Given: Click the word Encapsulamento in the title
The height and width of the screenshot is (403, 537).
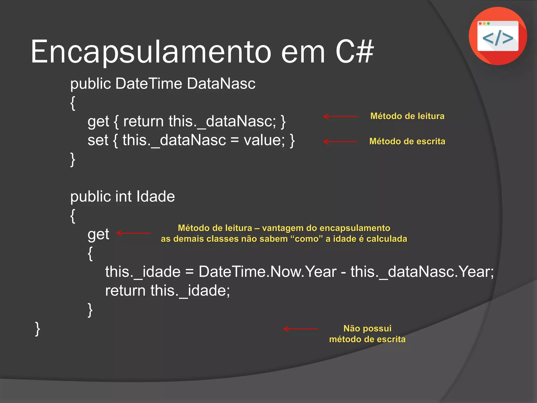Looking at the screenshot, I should point(151,52).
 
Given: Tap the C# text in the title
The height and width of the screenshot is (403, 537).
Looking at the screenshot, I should point(355,52).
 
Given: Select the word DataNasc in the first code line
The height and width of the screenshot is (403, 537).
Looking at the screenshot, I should point(221,84).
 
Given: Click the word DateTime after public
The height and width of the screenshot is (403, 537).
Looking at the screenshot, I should point(149,84).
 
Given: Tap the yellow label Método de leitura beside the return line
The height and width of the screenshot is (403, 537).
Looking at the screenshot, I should point(407,116).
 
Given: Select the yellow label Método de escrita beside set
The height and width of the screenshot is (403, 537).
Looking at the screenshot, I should point(407,141).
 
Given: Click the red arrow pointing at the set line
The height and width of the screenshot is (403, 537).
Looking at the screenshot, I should point(340,142).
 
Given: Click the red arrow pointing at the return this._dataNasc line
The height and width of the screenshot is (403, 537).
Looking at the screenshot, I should point(340,116).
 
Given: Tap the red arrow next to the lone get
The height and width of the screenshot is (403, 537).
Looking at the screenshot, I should point(133,233).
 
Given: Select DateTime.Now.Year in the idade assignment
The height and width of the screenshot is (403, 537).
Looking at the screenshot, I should point(267,272).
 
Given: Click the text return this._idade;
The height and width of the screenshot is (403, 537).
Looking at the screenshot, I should point(168,291).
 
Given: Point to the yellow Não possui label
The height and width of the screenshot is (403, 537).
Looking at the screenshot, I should point(367,328).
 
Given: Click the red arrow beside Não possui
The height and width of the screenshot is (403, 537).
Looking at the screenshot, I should point(300,329).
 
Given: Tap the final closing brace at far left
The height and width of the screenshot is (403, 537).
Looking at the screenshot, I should point(37,329).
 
